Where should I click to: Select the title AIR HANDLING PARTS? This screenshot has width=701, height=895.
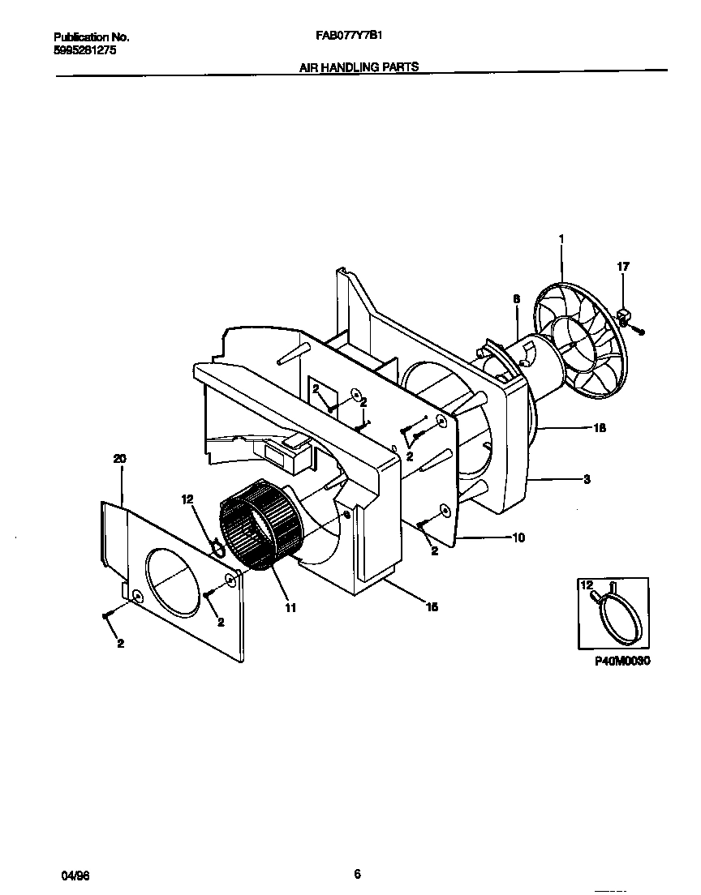[x=359, y=67]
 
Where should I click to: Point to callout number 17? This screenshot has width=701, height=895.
[x=623, y=266]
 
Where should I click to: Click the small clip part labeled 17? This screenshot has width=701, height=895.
[x=626, y=315]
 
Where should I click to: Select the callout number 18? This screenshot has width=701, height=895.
[x=600, y=428]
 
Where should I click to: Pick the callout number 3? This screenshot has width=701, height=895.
[x=587, y=480]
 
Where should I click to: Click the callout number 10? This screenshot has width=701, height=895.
[x=518, y=537]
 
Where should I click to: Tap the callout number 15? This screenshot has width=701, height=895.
[x=432, y=606]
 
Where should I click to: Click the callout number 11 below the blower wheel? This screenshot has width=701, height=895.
[x=290, y=607]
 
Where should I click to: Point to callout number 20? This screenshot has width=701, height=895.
[x=119, y=459]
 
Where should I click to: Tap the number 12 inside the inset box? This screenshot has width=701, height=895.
[x=586, y=585]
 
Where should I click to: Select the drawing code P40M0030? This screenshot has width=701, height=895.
[x=623, y=661]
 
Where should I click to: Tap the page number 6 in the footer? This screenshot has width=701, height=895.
[x=357, y=873]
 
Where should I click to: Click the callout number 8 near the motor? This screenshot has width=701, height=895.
[x=516, y=298]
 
